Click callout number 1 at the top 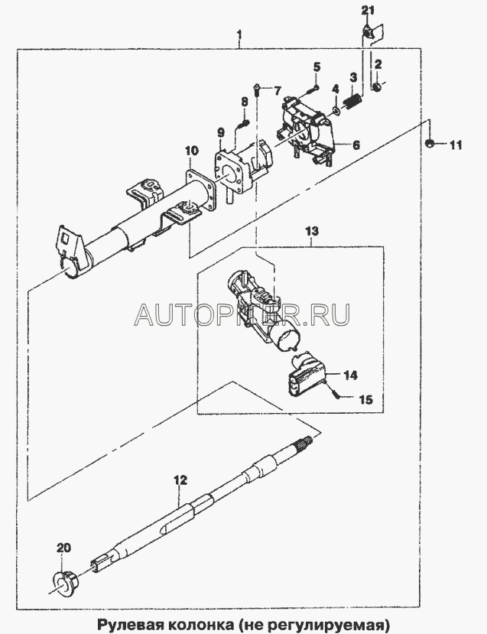240,34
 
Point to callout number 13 314,230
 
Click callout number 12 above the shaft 180,481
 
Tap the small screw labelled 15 337,395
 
